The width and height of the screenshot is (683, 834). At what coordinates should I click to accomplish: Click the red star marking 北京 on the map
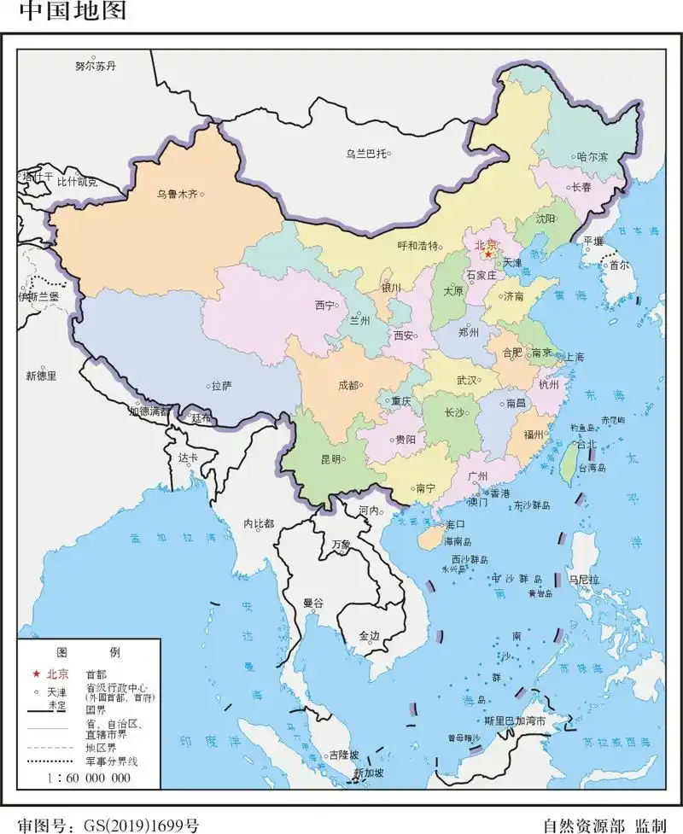click(x=488, y=254)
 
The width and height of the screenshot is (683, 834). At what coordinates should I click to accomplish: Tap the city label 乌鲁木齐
click(x=176, y=195)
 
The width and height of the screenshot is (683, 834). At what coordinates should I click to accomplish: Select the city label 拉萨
click(x=222, y=386)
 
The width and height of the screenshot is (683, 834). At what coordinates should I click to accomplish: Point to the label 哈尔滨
click(x=592, y=157)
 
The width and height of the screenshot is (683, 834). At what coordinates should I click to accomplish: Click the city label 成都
click(x=348, y=385)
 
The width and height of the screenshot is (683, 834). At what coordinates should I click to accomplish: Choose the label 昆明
click(x=330, y=458)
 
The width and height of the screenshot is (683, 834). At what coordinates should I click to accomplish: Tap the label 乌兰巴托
click(x=365, y=154)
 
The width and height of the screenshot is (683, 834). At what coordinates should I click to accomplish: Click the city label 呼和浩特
click(x=418, y=246)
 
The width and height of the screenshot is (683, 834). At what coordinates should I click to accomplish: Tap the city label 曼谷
click(x=313, y=603)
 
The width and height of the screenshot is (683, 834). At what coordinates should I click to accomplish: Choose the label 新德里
click(x=40, y=375)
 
